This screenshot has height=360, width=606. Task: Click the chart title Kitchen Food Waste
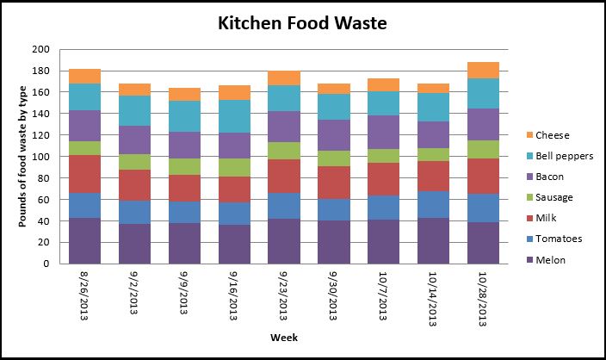point(302,22)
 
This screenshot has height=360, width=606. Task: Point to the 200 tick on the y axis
point(41,49)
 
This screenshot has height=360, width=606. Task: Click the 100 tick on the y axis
point(41,157)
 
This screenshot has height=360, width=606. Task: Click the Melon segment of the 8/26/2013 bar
point(84,240)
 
